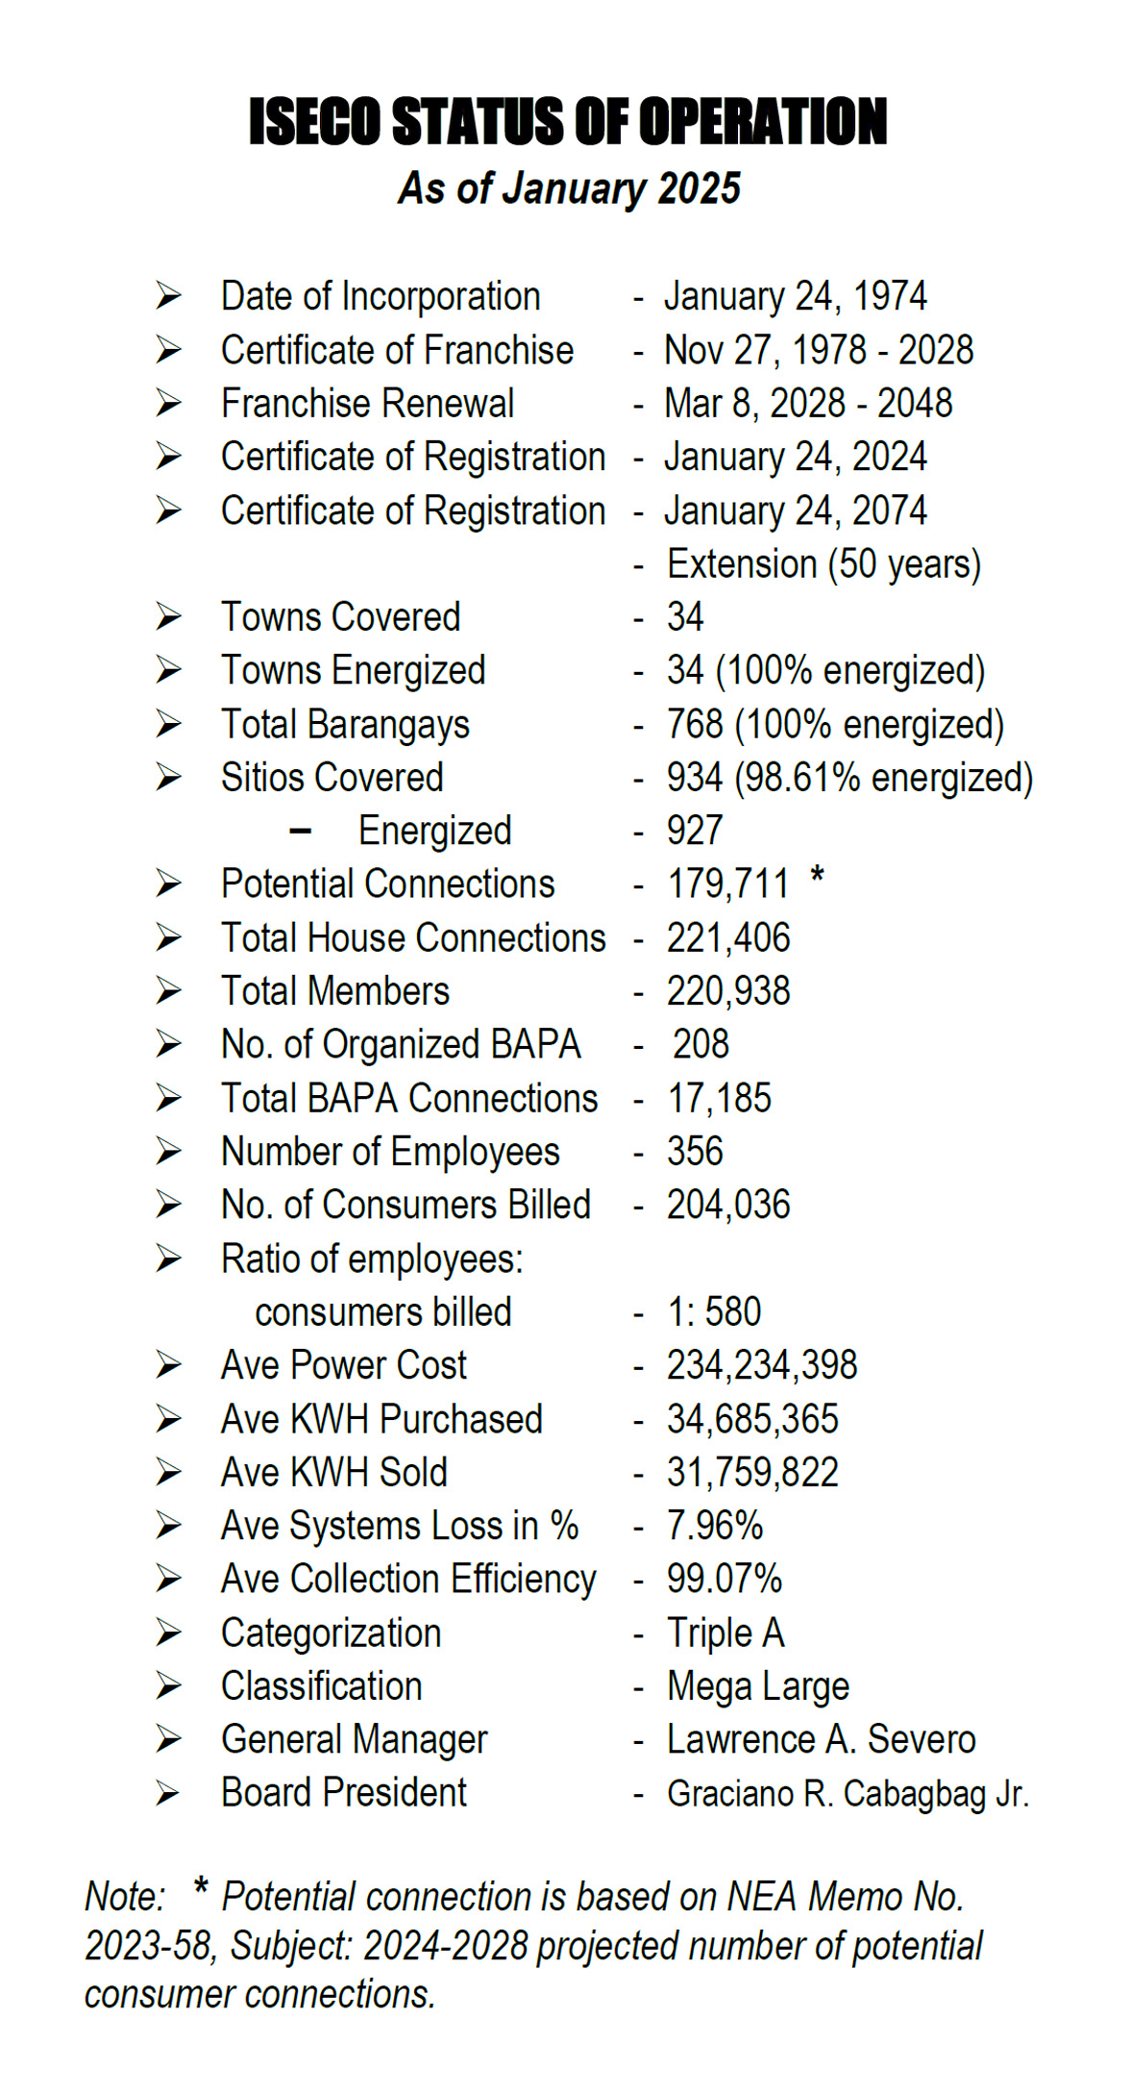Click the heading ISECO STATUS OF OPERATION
pos(567,122)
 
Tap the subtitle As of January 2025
pos(569,188)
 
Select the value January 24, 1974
pos(795,296)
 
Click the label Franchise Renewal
pos(367,404)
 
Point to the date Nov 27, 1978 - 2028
pos(819,350)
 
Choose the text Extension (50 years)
pos(824,564)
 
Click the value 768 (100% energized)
pos(835,725)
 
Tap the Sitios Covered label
pos(332,778)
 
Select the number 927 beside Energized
pos(695,831)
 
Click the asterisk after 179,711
pos(817,877)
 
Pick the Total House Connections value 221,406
pos(728,938)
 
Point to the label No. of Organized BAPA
pos(401,1045)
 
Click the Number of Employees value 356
pos(695,1152)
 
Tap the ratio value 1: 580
pos(714,1312)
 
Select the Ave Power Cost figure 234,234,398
pos(762,1365)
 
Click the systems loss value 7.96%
pos(715,1526)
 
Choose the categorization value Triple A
pos(725,1632)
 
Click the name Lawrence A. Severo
pos(822,1739)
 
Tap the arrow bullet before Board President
pos(168,1793)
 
